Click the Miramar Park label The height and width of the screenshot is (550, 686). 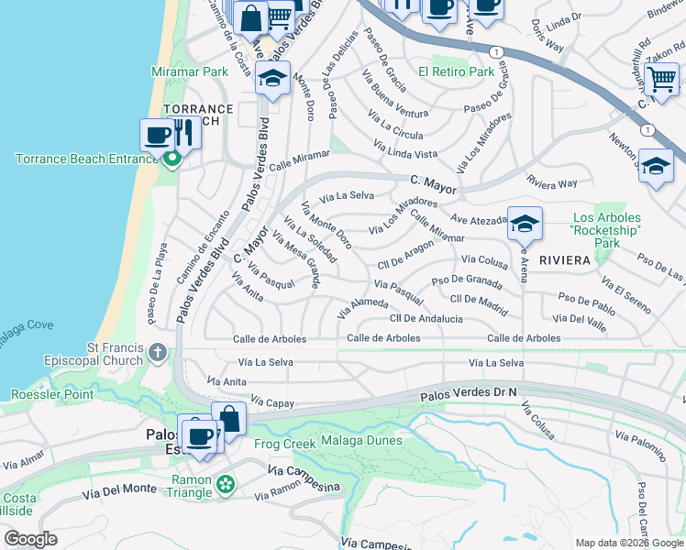(x=190, y=71)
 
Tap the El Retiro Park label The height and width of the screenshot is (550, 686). (x=456, y=71)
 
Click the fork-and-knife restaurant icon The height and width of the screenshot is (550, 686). (x=186, y=134)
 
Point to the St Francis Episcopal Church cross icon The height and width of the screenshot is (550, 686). (x=158, y=352)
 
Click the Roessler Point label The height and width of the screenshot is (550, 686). (x=52, y=395)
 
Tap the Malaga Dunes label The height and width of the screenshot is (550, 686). (x=361, y=441)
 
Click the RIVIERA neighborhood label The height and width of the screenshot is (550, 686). (x=564, y=260)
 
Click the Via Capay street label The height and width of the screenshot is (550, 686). (x=271, y=401)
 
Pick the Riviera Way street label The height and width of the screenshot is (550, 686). (x=552, y=182)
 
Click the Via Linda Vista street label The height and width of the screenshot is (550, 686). (x=404, y=149)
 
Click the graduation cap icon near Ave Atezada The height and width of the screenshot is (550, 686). (x=525, y=223)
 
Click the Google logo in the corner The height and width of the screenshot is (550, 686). (x=31, y=539)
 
